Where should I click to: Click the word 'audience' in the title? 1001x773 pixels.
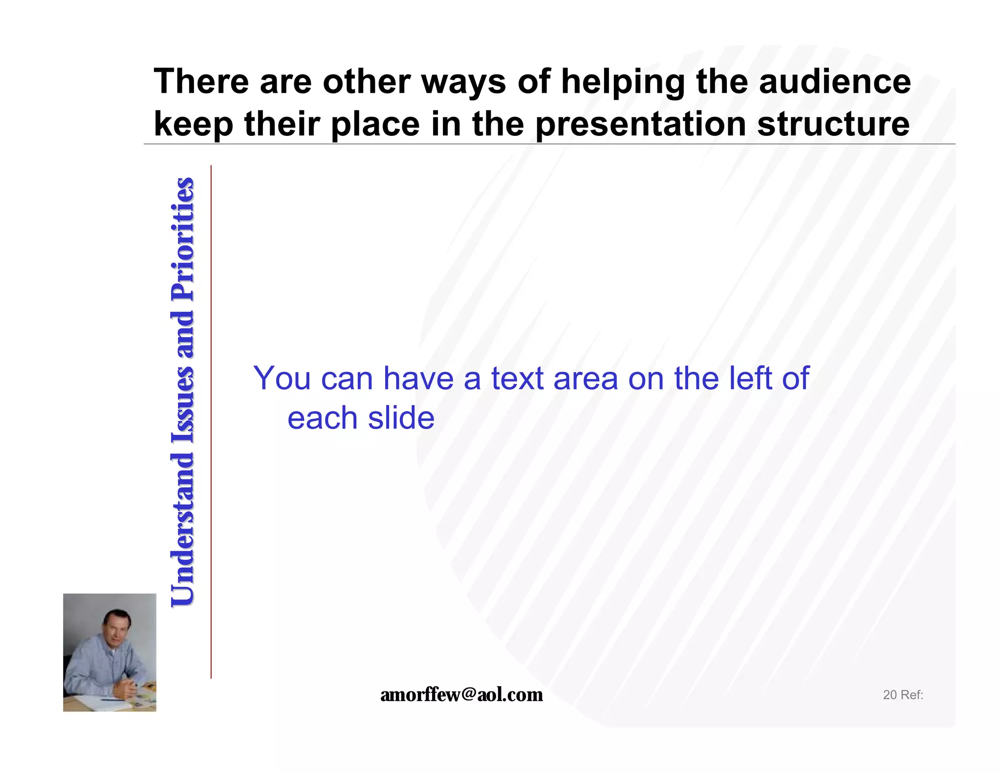pyautogui.click(x=834, y=81)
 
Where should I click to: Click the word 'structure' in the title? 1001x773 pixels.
pyautogui.click(x=833, y=124)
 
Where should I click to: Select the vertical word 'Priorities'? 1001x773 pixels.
pyautogui.click(x=183, y=239)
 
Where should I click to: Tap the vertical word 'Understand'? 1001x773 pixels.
pyautogui.click(x=183, y=530)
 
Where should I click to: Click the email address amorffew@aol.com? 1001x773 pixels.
pyautogui.click(x=461, y=694)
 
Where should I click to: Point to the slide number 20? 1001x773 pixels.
pyautogui.click(x=889, y=695)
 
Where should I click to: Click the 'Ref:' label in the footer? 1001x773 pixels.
pyautogui.click(x=912, y=695)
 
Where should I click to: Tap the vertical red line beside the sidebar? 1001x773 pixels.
pyautogui.click(x=211, y=420)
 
